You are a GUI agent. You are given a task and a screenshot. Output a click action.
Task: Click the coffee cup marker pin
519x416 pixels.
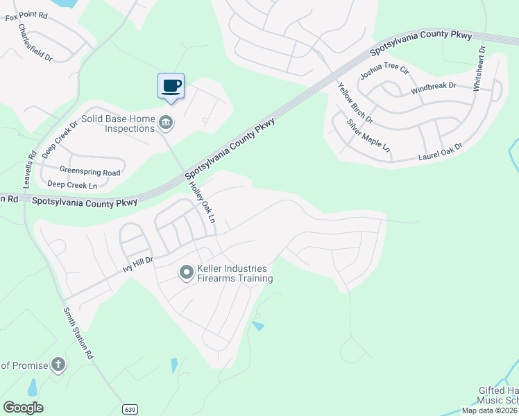171,86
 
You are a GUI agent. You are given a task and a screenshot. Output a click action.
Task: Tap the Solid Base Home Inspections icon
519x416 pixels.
166,123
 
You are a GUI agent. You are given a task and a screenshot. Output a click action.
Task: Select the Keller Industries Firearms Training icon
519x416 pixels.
186,273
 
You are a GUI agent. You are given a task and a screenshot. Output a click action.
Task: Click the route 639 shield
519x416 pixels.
130,409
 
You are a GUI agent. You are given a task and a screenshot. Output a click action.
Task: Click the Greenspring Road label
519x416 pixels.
90,172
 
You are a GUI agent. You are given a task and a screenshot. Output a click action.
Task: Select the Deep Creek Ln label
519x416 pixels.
72,184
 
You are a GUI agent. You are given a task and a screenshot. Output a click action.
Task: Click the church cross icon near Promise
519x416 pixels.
59,364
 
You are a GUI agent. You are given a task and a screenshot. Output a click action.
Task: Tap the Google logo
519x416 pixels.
24,408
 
